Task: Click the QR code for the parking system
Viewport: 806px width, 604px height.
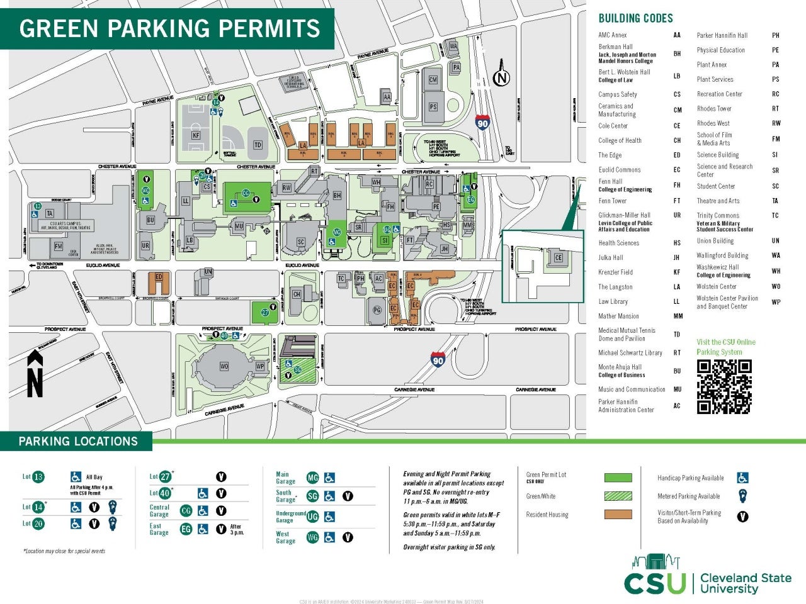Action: click(724, 386)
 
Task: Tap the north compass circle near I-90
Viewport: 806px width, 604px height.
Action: click(501, 78)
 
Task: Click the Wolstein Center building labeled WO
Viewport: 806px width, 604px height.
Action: click(224, 366)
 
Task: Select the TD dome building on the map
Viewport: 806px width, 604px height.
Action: click(258, 145)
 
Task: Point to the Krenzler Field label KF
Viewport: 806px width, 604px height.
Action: click(196, 135)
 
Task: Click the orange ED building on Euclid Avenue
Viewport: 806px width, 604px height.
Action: click(159, 281)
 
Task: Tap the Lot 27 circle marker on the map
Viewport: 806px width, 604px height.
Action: click(265, 313)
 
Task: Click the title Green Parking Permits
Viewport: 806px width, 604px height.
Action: click(169, 28)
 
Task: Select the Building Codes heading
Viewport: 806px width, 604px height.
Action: click(635, 18)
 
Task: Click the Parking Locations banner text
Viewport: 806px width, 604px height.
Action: click(78, 441)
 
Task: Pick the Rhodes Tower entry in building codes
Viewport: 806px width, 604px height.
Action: click(714, 108)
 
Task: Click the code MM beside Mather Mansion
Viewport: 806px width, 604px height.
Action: click(678, 316)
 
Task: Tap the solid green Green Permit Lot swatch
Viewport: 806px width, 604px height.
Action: click(618, 478)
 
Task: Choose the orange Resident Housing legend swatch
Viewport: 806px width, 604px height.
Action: click(618, 514)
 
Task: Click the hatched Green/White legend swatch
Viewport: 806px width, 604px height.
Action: click(618, 496)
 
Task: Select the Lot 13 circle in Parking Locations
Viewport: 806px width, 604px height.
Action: click(38, 477)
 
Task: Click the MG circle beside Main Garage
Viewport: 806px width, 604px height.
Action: click(312, 478)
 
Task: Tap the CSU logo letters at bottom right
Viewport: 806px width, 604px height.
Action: click(655, 583)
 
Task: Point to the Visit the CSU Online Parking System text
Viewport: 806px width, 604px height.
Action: click(725, 347)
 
